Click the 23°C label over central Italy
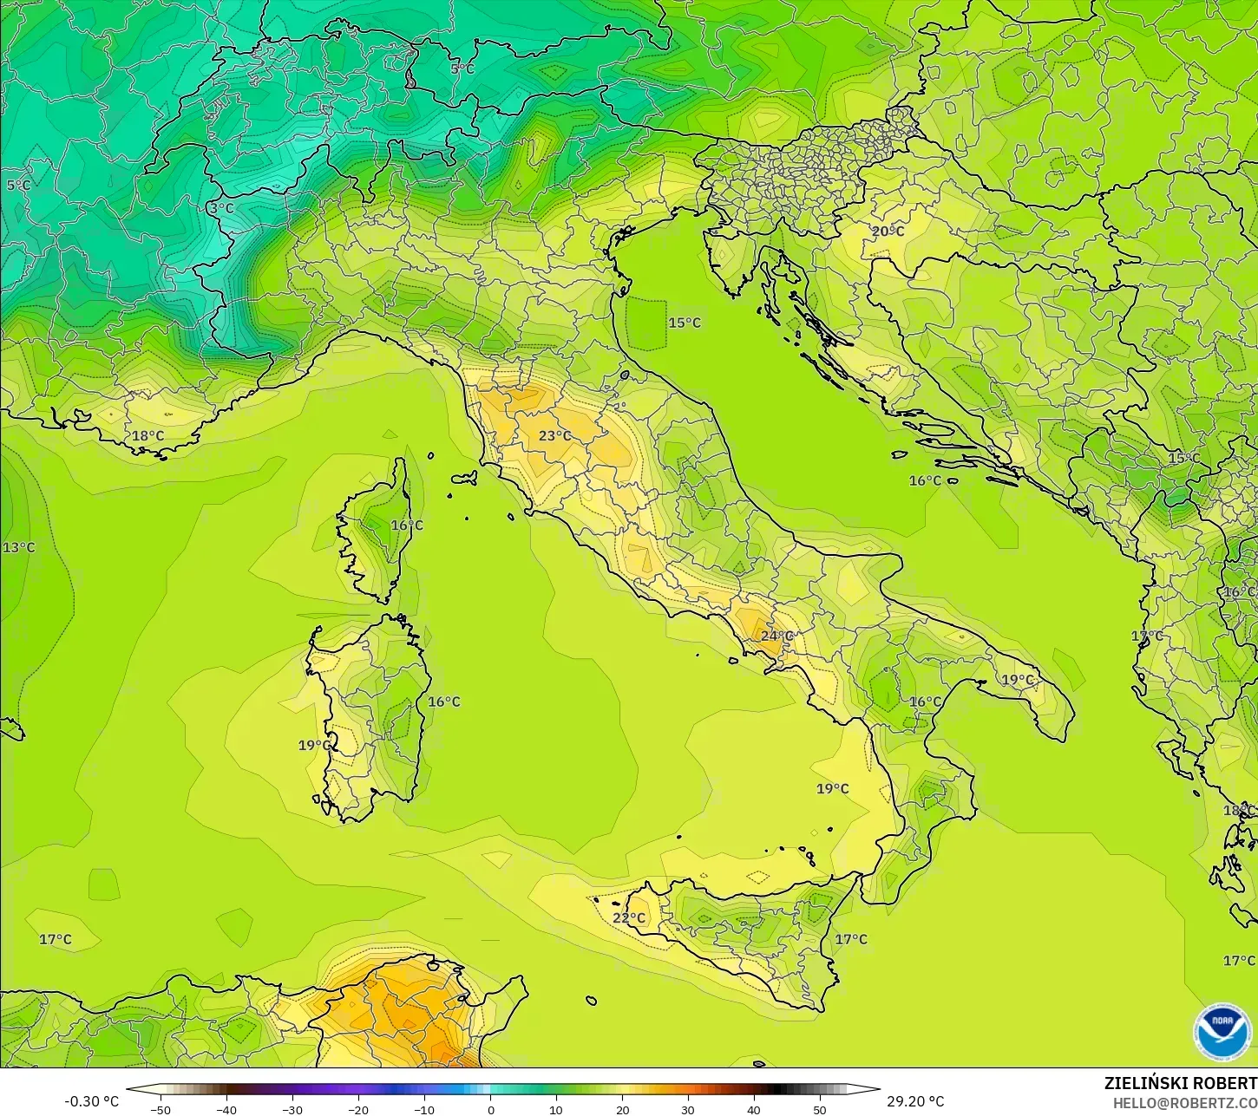tap(555, 436)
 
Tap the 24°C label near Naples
tap(777, 636)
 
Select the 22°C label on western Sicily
tap(629, 918)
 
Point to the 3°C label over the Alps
tap(221, 209)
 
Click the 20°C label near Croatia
tap(888, 232)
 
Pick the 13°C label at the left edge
tap(19, 548)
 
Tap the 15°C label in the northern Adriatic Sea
tap(685, 323)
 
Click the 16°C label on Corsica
tap(406, 525)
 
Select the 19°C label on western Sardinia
tap(314, 746)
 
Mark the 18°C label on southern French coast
tap(147, 436)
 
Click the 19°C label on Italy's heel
tap(1019, 680)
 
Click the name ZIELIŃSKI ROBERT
tap(1180, 1084)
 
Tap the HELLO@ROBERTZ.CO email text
tap(1185, 1102)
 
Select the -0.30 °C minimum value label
tap(91, 1101)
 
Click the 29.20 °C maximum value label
tap(915, 1101)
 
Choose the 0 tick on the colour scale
tap(490, 1109)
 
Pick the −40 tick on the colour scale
tap(226, 1109)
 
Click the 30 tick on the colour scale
tap(688, 1109)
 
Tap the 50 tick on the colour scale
tap(820, 1109)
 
